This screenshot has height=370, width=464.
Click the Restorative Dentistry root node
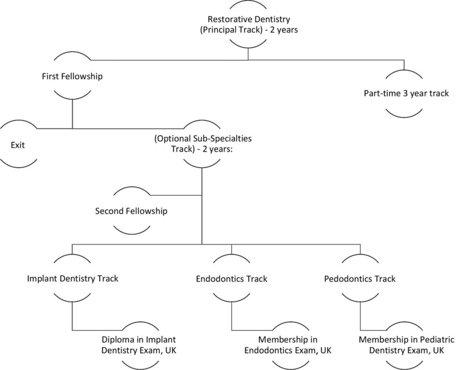(x=248, y=24)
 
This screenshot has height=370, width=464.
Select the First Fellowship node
(x=72, y=76)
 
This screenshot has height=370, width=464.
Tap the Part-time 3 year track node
(x=406, y=93)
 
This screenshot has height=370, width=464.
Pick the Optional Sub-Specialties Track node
(x=202, y=143)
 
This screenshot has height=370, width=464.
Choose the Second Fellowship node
(x=131, y=211)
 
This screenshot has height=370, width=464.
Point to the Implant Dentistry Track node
(x=72, y=278)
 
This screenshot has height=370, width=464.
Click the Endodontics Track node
(x=231, y=278)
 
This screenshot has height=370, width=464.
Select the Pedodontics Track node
(x=360, y=278)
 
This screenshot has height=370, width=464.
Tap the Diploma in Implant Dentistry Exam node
(x=139, y=344)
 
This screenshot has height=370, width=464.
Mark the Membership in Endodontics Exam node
(x=288, y=344)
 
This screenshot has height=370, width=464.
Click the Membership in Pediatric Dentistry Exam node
(x=406, y=344)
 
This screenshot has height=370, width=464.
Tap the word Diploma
(x=116, y=339)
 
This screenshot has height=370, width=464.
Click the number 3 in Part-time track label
(x=406, y=93)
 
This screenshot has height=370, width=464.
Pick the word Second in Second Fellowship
(x=109, y=211)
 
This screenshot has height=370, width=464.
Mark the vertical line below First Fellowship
(x=72, y=114)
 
